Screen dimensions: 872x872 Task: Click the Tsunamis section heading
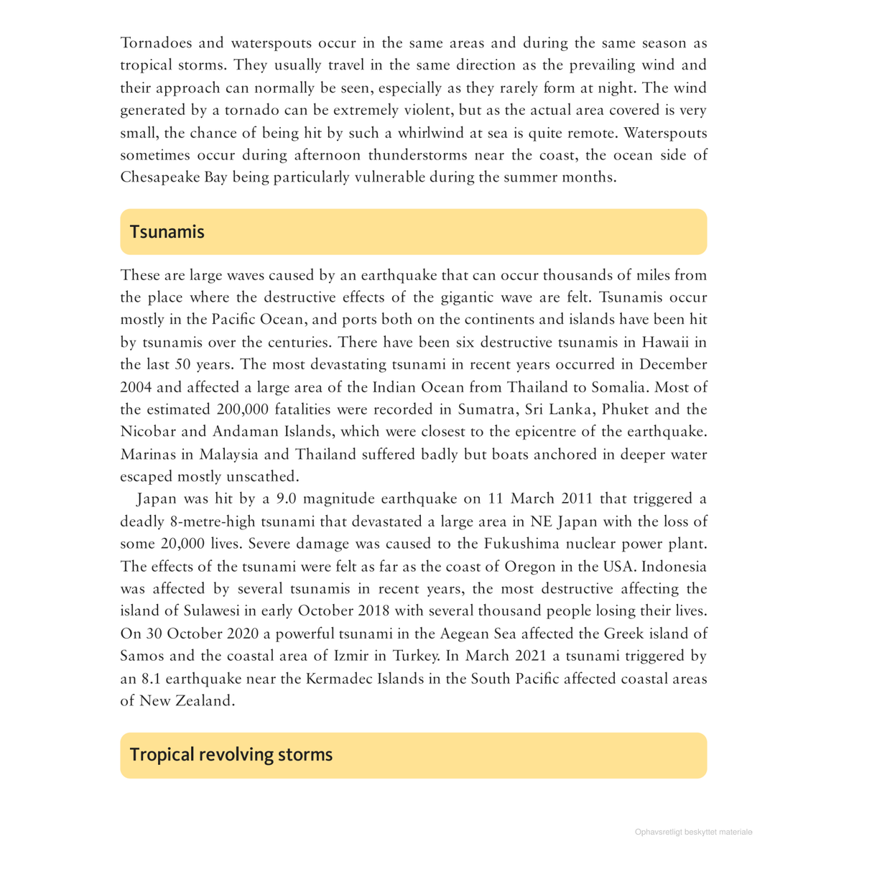167,232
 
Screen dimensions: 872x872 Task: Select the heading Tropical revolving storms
231,755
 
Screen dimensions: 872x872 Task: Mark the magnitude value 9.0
288,498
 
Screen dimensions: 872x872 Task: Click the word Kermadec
343,679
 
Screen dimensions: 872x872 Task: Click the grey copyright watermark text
693,832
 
